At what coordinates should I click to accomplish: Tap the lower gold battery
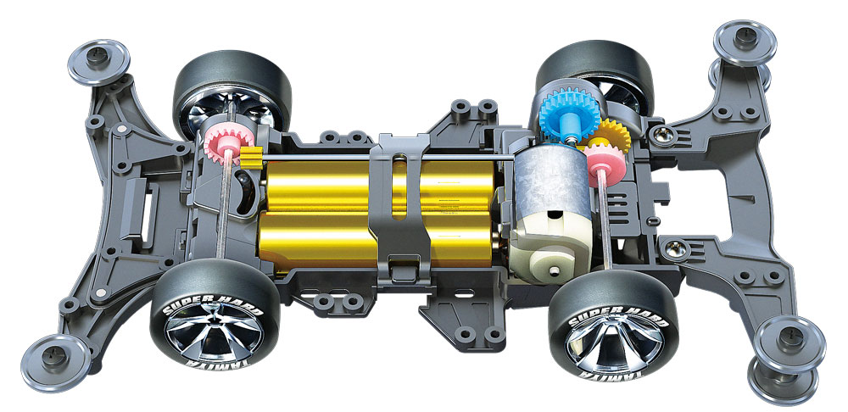[x=378, y=238]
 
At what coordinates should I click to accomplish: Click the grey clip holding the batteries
[x=400, y=211]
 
